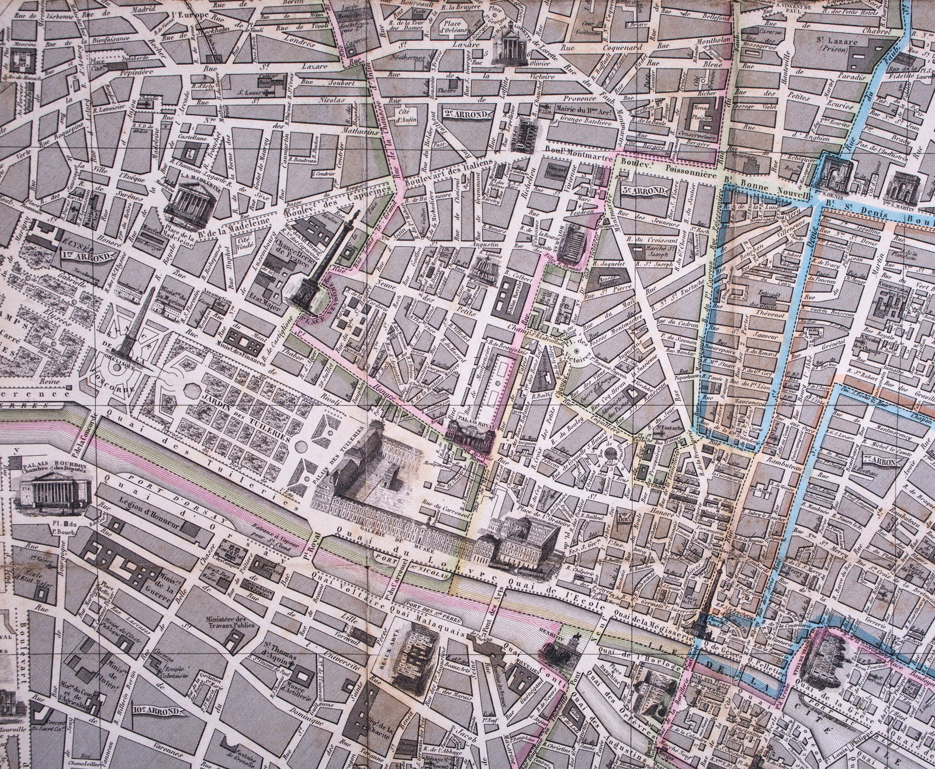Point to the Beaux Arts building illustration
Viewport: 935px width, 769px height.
point(416,663)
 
